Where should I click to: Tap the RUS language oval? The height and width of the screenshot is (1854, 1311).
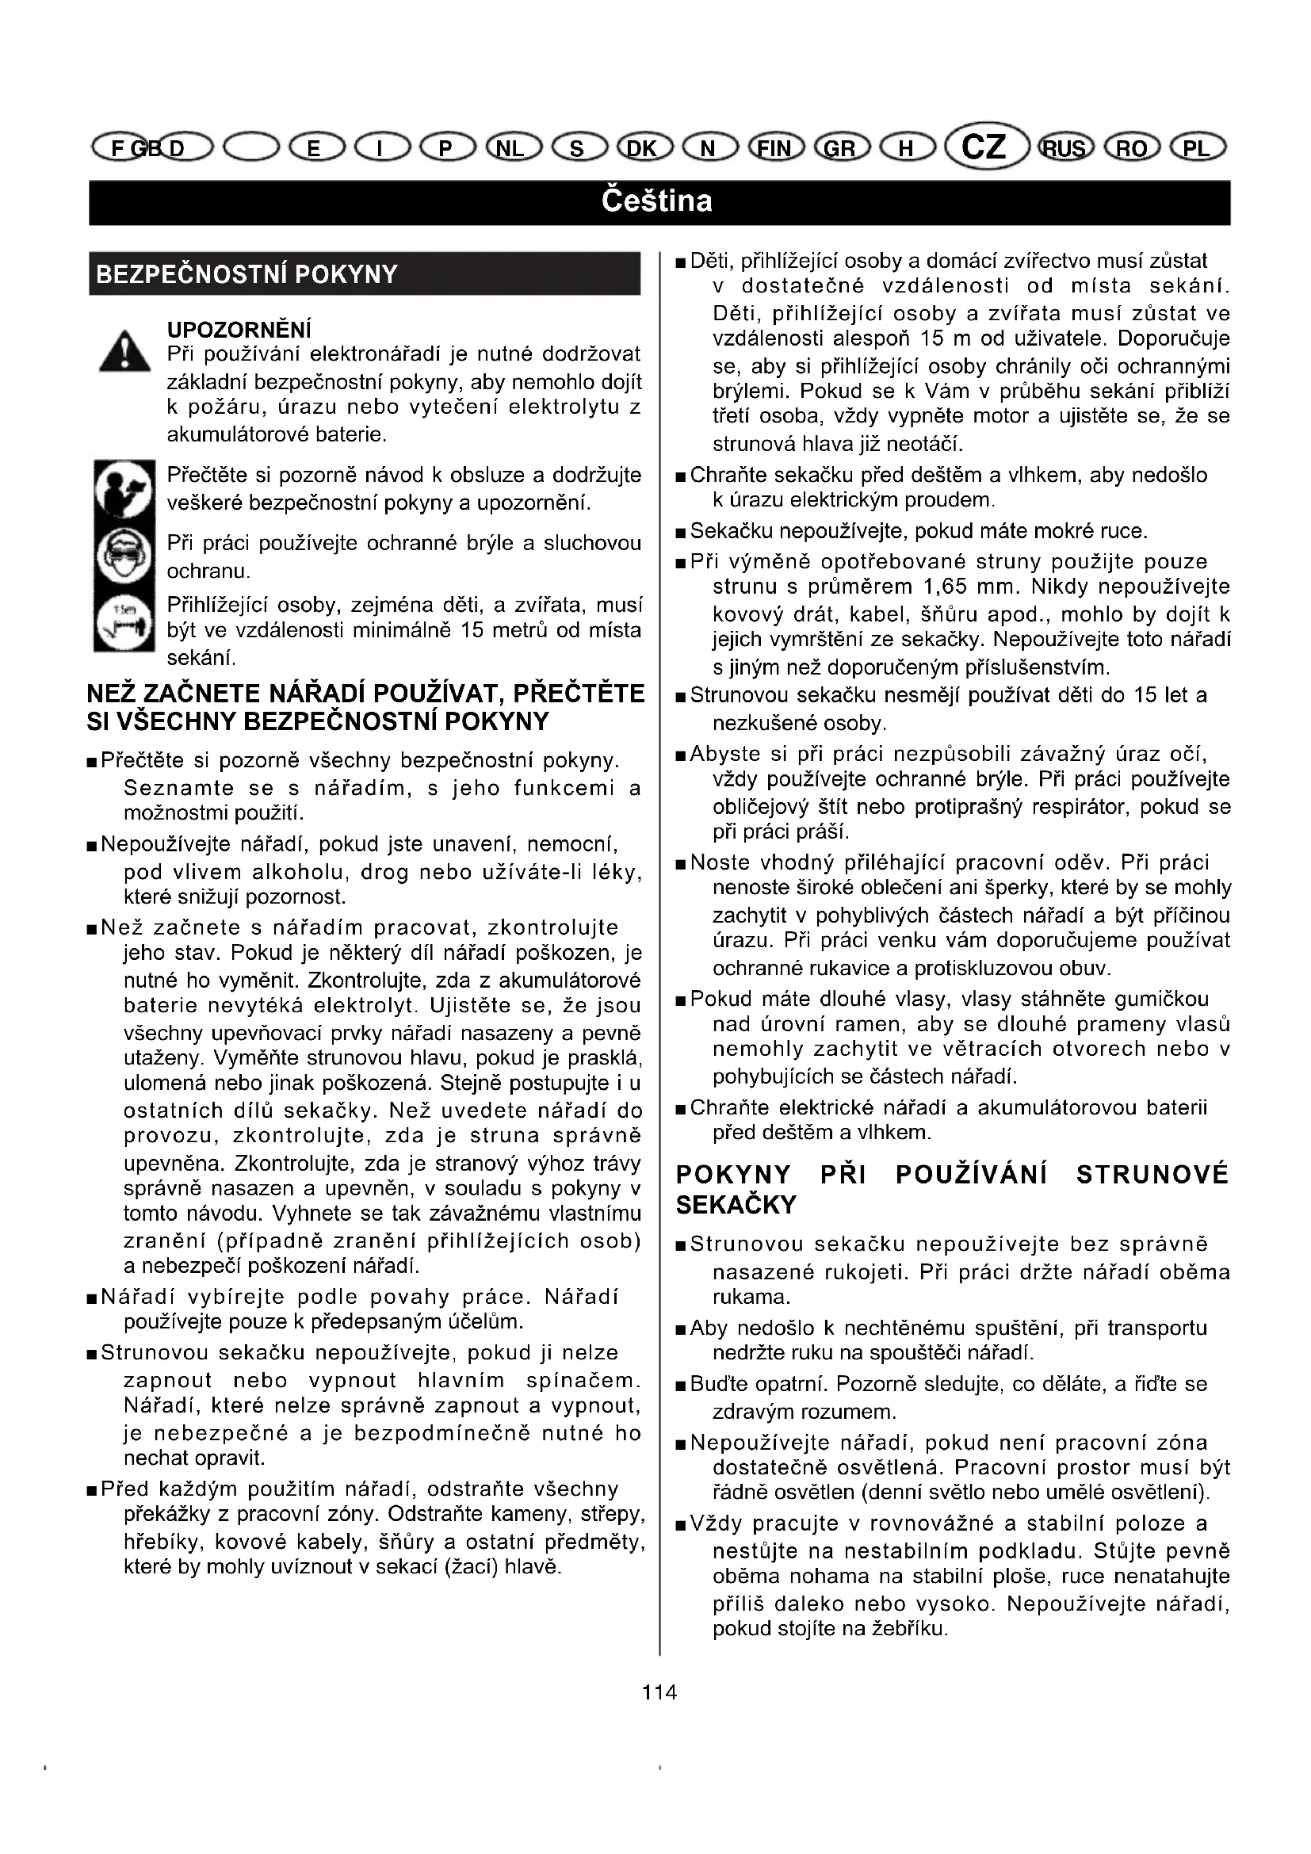click(1065, 147)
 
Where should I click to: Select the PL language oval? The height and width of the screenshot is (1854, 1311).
click(1197, 147)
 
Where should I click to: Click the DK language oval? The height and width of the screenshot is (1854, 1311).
click(644, 147)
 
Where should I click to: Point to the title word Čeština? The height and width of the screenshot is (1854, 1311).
click(656, 201)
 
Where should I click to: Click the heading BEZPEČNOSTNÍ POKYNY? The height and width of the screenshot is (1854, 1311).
click(247, 274)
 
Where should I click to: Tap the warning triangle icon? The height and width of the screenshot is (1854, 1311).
click(124, 352)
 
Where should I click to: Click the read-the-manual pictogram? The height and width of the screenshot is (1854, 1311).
click(124, 488)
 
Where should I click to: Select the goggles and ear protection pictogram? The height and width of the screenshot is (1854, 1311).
click(124, 556)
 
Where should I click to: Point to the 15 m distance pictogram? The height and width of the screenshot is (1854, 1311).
click(124, 621)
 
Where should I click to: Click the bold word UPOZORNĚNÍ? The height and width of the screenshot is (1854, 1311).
click(239, 330)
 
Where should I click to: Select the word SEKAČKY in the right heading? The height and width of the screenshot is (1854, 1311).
click(736, 1205)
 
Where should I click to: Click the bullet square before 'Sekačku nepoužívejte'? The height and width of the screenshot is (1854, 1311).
click(682, 533)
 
